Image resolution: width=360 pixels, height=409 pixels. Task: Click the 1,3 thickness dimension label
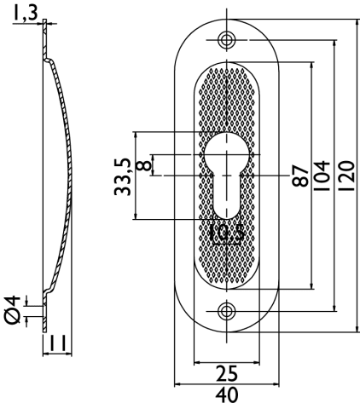[26, 14]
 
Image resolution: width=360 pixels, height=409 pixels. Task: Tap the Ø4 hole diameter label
[13, 310]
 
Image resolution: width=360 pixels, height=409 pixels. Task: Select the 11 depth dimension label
[57, 343]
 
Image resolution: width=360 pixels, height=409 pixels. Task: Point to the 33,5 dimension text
[123, 177]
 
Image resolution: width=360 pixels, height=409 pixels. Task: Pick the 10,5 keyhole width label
[227, 233]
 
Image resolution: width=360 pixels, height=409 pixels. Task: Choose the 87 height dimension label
[300, 176]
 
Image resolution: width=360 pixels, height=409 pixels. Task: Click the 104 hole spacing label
[322, 176]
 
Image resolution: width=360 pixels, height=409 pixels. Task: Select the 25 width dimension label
[227, 373]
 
